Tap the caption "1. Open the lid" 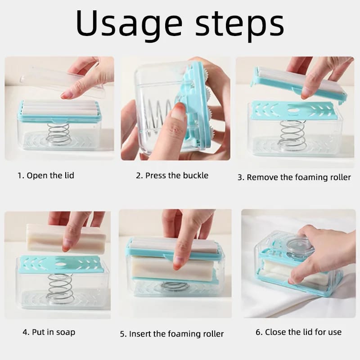tap(46, 175)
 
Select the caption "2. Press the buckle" tap(172, 175)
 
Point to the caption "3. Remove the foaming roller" tap(294, 177)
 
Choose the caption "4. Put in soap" tap(49, 332)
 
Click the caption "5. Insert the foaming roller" tap(172, 334)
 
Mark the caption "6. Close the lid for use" tap(298, 332)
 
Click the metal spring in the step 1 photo tap(59, 134)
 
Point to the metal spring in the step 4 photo tap(59, 288)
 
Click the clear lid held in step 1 tap(62, 81)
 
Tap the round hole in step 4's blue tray tap(61, 265)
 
